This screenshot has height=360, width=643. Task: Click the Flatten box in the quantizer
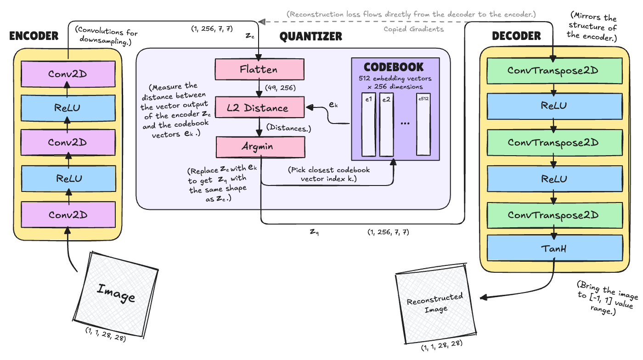click(x=259, y=70)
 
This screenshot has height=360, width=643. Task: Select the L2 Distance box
click(x=259, y=108)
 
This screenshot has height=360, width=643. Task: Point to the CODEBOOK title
click(x=394, y=67)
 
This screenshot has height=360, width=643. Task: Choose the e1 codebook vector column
click(x=369, y=126)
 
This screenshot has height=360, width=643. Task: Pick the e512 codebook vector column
click(x=423, y=126)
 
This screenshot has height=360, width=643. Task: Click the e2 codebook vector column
click(x=387, y=126)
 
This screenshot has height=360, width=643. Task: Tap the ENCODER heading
click(x=34, y=36)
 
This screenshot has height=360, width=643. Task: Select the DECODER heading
click(x=516, y=36)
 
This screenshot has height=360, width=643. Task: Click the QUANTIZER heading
click(x=311, y=36)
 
